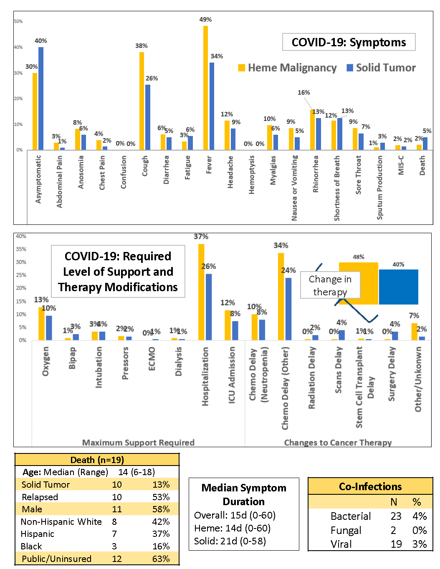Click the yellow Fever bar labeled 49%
(205, 88)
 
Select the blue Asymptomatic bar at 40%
(41, 98)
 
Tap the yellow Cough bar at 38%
(142, 101)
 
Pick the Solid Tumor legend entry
(381, 68)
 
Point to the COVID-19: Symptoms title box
(349, 42)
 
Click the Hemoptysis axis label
(252, 175)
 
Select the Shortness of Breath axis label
(337, 188)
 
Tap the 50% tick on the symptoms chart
(18, 21)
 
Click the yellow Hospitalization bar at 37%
(201, 292)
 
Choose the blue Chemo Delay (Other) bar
(288, 309)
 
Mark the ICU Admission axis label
(232, 375)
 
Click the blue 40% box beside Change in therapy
(398, 287)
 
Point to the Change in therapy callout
(330, 285)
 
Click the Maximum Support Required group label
(138, 442)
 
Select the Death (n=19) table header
(97, 460)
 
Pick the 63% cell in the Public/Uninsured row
(161, 559)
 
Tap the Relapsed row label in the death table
(40, 497)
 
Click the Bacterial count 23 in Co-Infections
(396, 516)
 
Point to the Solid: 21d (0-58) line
(230, 541)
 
